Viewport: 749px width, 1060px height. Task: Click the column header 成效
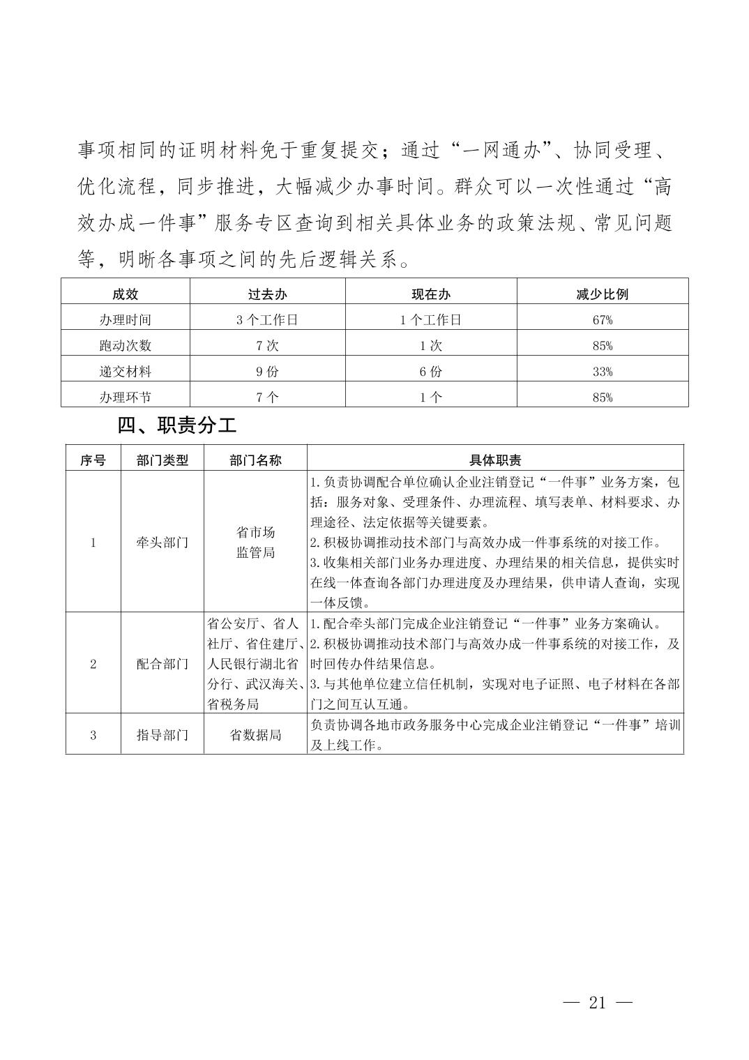pos(126,294)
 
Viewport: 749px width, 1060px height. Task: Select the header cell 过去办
pos(267,294)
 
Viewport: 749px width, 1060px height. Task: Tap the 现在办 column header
pos(430,294)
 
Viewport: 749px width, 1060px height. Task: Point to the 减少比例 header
pos(602,294)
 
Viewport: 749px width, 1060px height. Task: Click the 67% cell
pos(602,320)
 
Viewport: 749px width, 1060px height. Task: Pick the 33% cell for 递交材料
pos(602,372)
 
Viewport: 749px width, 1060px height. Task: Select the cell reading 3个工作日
pos(267,320)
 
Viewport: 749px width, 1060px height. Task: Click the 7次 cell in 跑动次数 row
pos(267,346)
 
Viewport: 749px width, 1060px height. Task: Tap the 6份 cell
pos(430,372)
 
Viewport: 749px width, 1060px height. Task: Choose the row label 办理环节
pos(126,397)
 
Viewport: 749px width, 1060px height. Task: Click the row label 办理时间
pos(126,320)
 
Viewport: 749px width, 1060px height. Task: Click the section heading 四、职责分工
pos(177,425)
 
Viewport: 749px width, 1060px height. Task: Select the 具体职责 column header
pos(495,460)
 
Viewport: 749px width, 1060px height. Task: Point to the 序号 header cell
pos(93,460)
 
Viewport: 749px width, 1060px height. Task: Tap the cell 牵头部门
pos(162,543)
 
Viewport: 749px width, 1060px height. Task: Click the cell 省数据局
pos(255,735)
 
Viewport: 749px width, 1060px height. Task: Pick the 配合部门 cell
pos(162,664)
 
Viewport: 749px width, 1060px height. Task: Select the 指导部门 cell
pos(162,735)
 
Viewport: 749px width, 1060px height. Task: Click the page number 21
pos(597,1004)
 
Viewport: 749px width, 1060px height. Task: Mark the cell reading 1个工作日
pos(430,320)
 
